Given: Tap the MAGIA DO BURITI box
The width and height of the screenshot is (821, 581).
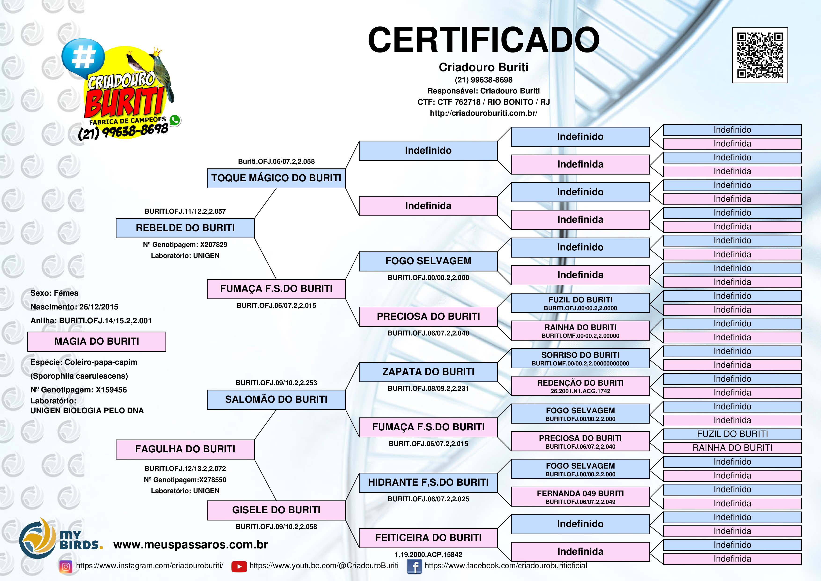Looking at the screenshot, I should (x=97, y=341).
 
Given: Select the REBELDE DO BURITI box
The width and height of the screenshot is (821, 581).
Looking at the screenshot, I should (x=185, y=228).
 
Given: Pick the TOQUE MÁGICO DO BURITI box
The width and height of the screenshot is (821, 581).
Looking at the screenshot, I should (x=276, y=178).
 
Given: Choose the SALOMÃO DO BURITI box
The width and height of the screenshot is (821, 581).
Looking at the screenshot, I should (x=276, y=399).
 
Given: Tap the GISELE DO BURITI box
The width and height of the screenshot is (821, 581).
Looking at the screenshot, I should (x=276, y=510).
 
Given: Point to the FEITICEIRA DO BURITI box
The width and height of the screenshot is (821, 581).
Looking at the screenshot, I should (x=428, y=538).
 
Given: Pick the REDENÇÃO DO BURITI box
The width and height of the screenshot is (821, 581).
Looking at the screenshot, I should (x=580, y=386).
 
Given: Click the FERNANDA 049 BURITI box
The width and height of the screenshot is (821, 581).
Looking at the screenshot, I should (x=580, y=496).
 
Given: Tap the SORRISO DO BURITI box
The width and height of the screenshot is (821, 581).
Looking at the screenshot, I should (x=580, y=358).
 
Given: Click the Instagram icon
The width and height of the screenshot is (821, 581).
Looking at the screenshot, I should (x=66, y=566).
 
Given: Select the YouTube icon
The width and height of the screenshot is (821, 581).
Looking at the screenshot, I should (x=239, y=566).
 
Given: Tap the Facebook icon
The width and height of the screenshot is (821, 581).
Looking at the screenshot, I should (x=414, y=566).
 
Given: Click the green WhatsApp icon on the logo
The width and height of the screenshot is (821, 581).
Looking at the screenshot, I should (x=175, y=120).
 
